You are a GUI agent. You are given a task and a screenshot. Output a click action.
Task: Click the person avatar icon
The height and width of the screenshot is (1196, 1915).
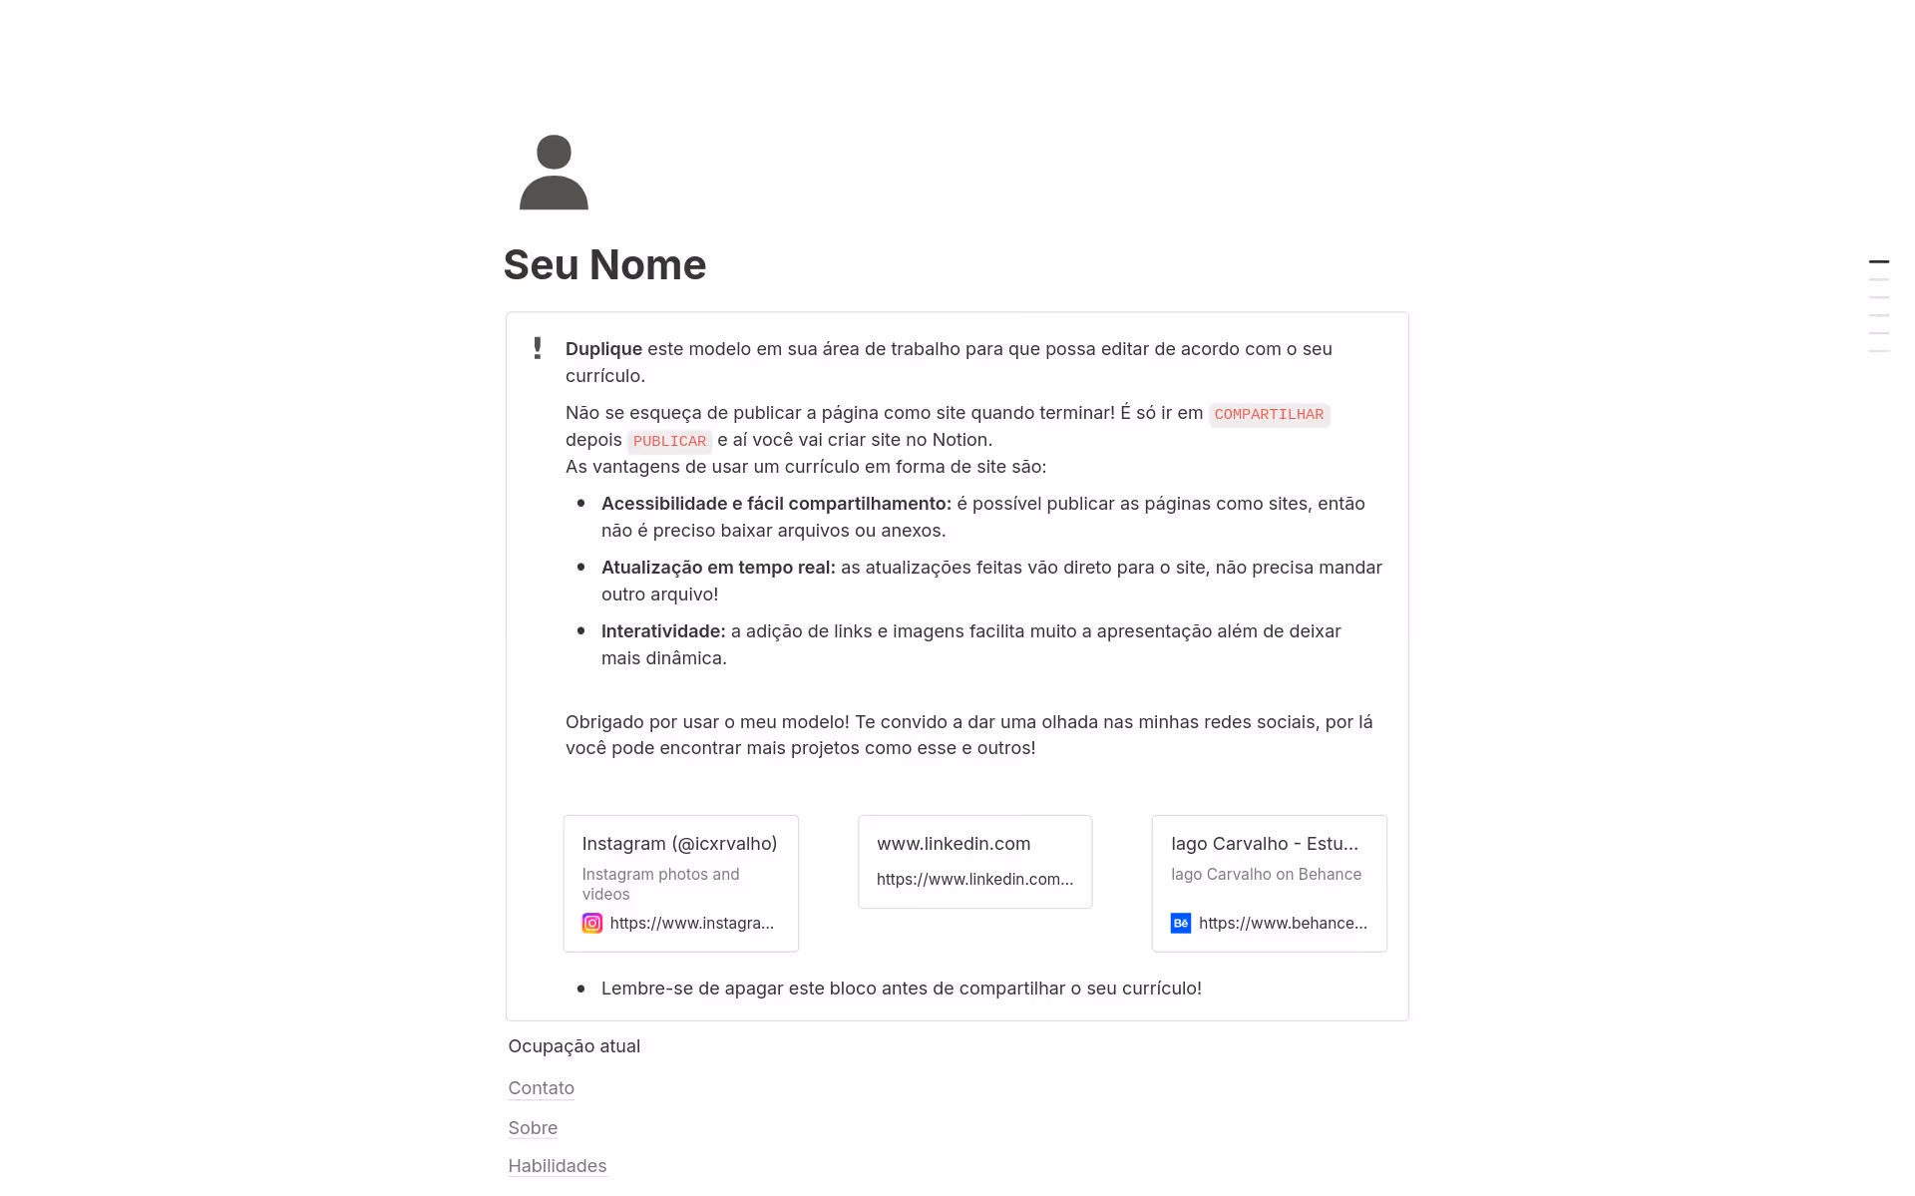(554, 173)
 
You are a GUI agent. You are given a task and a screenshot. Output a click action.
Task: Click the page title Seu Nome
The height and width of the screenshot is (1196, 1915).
(604, 264)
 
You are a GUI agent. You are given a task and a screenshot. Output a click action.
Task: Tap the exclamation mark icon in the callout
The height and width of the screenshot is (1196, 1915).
(538, 348)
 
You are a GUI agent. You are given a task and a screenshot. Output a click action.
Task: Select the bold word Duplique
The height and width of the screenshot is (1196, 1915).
(603, 349)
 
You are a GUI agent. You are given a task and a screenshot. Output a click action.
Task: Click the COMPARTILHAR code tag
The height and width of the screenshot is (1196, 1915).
(1269, 414)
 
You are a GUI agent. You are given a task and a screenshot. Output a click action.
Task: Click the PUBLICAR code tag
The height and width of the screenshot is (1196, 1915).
(669, 441)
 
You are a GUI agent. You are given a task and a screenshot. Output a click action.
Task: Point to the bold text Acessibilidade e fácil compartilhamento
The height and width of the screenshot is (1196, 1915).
(776, 504)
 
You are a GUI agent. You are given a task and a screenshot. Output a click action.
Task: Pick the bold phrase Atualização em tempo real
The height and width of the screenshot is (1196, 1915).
(718, 568)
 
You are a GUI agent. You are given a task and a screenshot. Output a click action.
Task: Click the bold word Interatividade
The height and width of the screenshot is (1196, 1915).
(663, 631)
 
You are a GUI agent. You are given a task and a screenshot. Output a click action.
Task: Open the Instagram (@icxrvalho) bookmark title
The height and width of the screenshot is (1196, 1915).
(679, 844)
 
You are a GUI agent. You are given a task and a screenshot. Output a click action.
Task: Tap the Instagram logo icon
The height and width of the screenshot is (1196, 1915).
(592, 924)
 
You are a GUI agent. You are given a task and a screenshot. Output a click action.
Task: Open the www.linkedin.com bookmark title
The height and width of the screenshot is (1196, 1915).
(954, 844)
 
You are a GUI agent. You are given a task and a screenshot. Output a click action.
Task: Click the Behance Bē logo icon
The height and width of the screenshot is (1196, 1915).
(1181, 924)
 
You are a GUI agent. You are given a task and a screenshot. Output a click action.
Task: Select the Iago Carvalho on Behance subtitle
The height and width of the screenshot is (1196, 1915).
(1266, 875)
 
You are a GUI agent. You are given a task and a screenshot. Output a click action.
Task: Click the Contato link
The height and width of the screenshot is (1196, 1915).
(541, 1088)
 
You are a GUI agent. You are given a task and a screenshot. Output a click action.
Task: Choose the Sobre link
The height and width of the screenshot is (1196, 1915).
(533, 1128)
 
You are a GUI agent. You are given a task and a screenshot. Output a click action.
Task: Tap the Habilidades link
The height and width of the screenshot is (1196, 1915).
(557, 1166)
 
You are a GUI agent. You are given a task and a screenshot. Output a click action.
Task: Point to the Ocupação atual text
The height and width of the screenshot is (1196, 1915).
(574, 1046)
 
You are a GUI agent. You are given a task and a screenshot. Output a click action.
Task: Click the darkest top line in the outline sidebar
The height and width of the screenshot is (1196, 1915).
(1879, 262)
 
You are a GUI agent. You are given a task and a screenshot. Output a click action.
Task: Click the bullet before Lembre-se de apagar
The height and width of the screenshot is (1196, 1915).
(581, 989)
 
